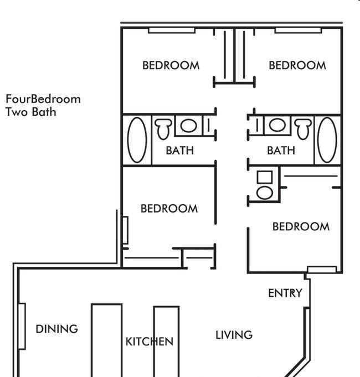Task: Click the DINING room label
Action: (56, 329)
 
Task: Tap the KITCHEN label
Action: (150, 342)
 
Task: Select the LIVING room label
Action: (234, 335)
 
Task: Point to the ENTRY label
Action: (285, 293)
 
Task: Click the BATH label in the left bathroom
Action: (179, 151)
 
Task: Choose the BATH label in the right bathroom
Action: (281, 151)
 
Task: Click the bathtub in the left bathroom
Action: (137, 140)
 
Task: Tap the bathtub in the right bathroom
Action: (327, 140)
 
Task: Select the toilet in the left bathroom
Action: (163, 129)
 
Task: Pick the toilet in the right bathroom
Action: (304, 129)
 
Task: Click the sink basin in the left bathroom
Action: (188, 126)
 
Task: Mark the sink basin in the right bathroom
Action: (277, 125)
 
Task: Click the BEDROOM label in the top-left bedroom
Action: (171, 65)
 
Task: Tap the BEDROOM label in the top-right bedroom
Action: (297, 65)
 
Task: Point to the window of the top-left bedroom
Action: (172, 30)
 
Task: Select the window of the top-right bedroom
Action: (298, 30)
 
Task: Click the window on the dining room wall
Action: (22, 326)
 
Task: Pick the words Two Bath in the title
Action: (31, 112)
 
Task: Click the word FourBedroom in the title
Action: (43, 99)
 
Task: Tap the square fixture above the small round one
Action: (265, 177)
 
